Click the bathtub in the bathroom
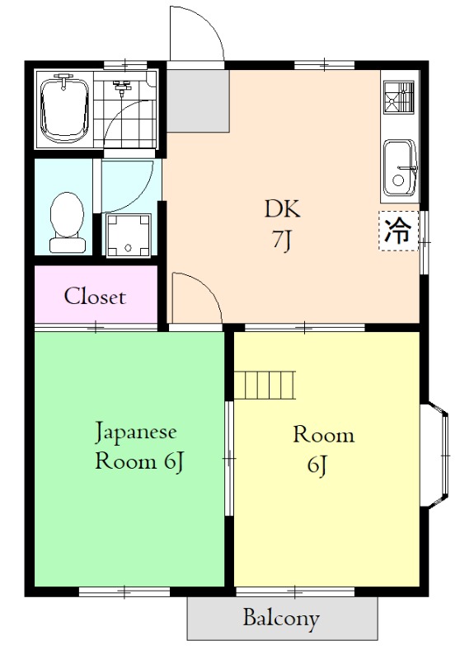click(64, 110)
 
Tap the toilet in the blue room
click(67, 222)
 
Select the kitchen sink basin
click(400, 168)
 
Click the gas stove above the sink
click(399, 97)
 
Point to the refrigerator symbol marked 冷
click(399, 231)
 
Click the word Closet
click(95, 296)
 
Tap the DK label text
click(282, 208)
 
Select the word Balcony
click(281, 619)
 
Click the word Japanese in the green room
click(135, 432)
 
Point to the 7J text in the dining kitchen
click(282, 241)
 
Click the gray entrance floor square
click(198, 100)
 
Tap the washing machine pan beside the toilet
click(129, 236)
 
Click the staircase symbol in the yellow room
click(265, 385)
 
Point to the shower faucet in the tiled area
click(122, 87)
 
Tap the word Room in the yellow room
click(323, 435)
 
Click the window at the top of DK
click(324, 65)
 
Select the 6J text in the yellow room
click(317, 465)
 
